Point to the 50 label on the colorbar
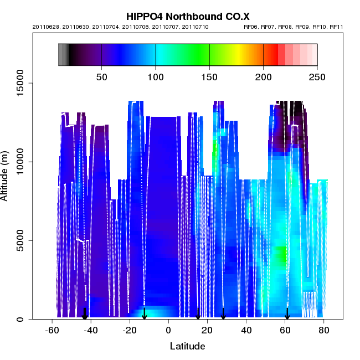(x=102, y=77)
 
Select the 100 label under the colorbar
(x=156, y=77)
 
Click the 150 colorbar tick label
(x=209, y=77)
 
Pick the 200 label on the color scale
(x=264, y=77)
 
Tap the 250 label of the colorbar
(x=317, y=77)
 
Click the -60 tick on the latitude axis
(x=52, y=331)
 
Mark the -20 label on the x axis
(x=130, y=331)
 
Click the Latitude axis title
(x=187, y=347)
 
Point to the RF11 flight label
(x=337, y=27)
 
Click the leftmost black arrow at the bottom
(x=85, y=314)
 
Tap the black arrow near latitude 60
(x=287, y=314)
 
